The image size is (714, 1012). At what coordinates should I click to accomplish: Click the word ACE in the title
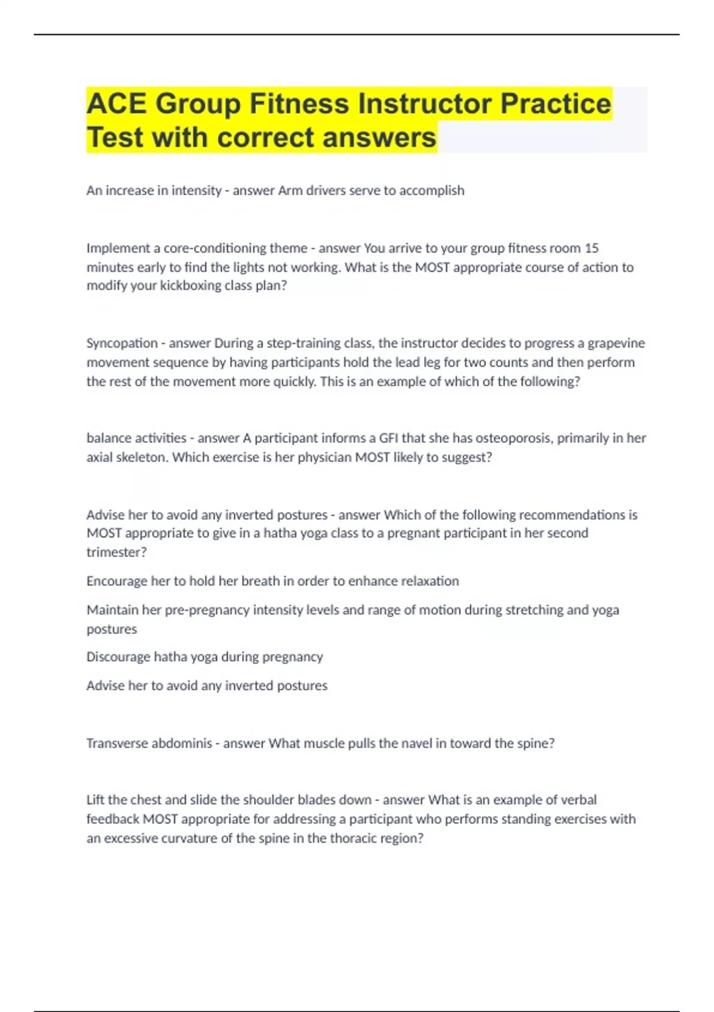coord(117,104)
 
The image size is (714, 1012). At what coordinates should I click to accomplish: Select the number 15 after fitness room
coord(591,248)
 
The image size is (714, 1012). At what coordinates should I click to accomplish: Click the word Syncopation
coord(122,343)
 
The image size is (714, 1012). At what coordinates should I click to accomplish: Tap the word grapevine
coord(616,343)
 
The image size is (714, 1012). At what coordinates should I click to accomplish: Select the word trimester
coord(114,552)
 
